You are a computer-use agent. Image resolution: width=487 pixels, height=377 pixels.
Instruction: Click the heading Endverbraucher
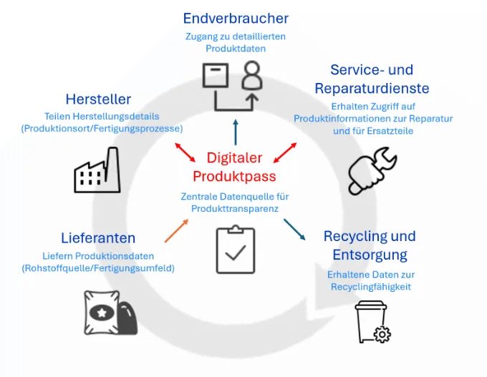coord(236,19)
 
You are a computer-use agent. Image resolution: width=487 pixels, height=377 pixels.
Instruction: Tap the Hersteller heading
coord(98,99)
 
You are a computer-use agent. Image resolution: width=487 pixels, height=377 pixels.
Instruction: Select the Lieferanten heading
coord(98,238)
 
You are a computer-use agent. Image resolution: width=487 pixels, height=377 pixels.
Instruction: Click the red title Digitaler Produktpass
coord(234,167)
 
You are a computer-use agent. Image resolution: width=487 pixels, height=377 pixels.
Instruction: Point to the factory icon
coord(97,170)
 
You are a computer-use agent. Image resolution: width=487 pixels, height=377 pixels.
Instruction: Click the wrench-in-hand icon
coord(372,171)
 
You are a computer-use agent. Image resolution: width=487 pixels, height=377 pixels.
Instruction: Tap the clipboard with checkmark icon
coord(236,250)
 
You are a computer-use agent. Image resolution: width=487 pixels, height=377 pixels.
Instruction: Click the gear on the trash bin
coord(382,335)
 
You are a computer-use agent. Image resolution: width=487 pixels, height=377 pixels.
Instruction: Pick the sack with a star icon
coord(110,313)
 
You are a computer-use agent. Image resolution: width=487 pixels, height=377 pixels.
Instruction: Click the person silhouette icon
coord(252,75)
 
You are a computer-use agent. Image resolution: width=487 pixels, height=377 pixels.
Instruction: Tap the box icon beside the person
coord(216,75)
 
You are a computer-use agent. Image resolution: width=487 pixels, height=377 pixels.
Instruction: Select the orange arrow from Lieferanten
coord(176,231)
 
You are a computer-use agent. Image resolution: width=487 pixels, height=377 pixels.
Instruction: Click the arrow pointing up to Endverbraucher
coord(236,132)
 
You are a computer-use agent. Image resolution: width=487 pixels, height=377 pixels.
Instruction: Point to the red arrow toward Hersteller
coord(185,152)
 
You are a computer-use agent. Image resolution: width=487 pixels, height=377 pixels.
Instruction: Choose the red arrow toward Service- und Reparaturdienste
coord(285,152)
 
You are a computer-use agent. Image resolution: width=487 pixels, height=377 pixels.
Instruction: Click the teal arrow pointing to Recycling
coord(294,230)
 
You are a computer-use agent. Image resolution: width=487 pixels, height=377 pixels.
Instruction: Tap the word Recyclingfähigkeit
coord(371,287)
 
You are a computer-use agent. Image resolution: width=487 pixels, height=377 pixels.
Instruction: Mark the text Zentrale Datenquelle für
coord(235,197)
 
